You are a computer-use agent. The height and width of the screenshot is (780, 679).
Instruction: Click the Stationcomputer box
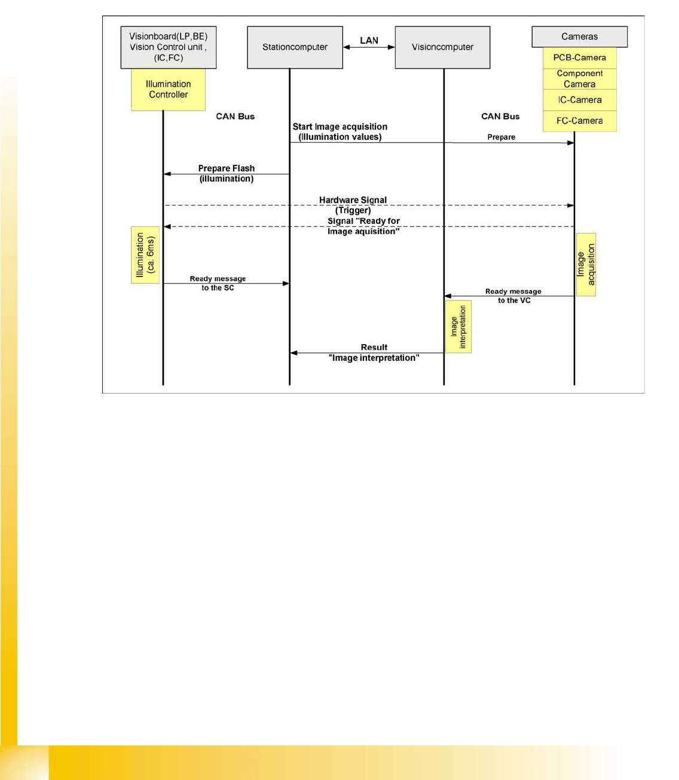coord(295,47)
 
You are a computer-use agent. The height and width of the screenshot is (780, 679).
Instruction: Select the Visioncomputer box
coord(442,47)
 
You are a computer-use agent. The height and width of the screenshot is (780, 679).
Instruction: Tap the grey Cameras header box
coord(579,36)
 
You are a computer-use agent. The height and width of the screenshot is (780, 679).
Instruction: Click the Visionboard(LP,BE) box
coord(169,47)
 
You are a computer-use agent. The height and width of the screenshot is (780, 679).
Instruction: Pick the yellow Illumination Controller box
coord(169,90)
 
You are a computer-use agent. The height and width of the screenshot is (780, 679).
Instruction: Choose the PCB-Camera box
coord(579,58)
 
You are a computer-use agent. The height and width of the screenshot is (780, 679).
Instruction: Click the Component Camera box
coord(579,79)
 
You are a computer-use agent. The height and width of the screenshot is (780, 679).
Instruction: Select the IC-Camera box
coord(579,100)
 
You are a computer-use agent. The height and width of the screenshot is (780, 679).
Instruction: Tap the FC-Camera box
coord(579,121)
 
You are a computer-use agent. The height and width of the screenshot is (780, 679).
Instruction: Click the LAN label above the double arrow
coord(369,41)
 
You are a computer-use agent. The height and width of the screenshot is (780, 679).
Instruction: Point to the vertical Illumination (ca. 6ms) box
coord(145,255)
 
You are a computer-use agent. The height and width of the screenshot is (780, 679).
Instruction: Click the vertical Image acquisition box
coord(586,265)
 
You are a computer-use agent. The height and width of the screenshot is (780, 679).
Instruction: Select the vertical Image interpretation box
coord(458,327)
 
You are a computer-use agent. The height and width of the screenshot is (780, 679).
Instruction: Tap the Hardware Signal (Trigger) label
coord(353,205)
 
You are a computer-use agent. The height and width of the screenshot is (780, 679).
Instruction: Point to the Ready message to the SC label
coord(218,283)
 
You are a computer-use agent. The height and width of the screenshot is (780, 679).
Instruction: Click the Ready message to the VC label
coord(513,296)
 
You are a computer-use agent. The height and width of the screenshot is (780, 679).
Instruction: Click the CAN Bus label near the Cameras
coord(500,116)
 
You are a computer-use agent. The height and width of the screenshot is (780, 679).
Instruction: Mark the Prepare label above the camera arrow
coord(501,137)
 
